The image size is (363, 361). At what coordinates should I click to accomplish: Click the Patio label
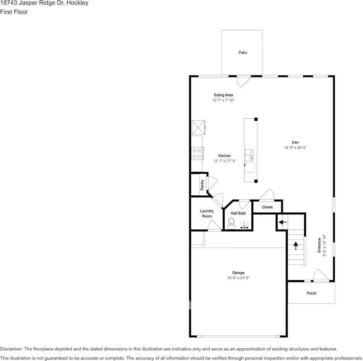[243, 52]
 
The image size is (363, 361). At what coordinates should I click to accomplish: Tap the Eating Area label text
[223, 95]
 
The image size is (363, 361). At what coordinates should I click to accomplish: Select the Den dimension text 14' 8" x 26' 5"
[295, 147]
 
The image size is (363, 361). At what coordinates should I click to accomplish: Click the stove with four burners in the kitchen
[197, 153]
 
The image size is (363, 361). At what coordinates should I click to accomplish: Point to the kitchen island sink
[250, 155]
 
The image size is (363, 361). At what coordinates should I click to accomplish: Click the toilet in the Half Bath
[231, 223]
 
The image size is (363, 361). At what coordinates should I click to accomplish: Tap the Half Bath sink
[245, 225]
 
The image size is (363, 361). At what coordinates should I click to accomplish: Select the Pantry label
[203, 185]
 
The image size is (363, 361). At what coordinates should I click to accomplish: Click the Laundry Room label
[207, 213]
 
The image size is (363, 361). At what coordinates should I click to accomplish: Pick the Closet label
[267, 207]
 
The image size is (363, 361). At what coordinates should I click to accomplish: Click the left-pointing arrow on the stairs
[282, 222]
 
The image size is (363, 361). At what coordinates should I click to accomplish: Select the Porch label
[311, 293]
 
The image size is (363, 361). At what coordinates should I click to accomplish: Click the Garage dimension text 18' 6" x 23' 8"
[238, 278]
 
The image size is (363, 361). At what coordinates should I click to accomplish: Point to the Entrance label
[319, 245]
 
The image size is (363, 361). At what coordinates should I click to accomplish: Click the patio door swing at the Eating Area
[243, 81]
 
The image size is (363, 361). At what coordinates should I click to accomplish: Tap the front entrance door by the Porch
[320, 276]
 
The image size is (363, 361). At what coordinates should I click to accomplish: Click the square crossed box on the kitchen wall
[198, 127]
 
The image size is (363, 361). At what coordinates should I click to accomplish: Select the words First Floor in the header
[14, 12]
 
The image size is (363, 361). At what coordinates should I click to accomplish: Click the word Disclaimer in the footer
[11, 349]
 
